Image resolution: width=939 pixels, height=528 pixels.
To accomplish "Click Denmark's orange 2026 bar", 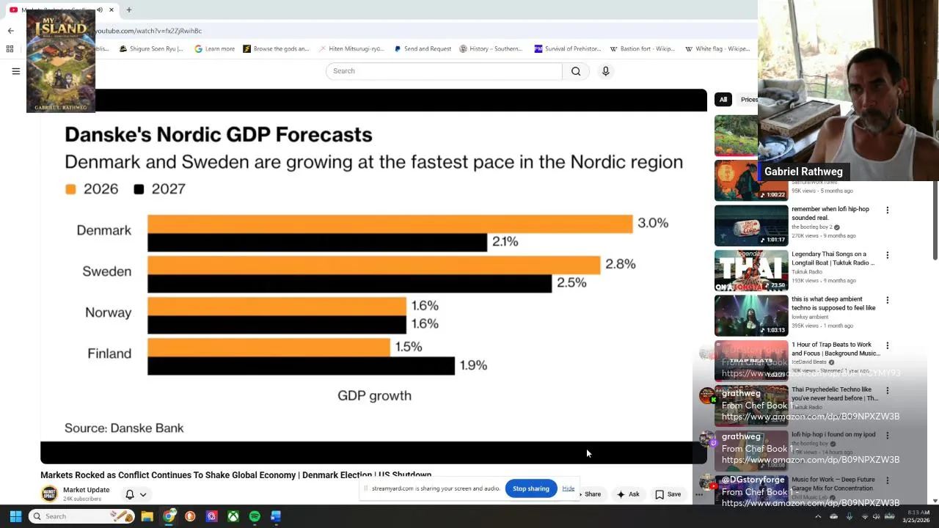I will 390,224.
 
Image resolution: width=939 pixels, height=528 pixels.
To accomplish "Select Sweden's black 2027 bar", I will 349,283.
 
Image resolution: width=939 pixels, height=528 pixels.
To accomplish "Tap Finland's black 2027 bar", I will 301,365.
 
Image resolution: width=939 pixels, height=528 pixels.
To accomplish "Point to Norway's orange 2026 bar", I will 277,306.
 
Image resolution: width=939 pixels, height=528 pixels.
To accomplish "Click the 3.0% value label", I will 653,223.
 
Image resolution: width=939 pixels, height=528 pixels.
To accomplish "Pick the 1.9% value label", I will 473,365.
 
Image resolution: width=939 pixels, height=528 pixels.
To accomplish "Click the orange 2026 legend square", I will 70,189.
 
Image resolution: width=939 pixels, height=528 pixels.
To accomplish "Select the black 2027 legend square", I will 139,189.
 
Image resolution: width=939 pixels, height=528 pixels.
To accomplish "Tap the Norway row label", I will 108,312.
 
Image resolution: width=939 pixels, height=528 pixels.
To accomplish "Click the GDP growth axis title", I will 374,396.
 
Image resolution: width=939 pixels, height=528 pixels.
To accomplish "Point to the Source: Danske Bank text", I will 124,428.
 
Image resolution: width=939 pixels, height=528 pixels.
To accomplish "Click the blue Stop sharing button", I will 530,488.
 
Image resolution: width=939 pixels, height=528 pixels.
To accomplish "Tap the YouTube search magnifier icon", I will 576,71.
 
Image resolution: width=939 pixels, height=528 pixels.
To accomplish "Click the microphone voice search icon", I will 605,71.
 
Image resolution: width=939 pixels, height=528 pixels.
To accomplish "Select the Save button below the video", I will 668,494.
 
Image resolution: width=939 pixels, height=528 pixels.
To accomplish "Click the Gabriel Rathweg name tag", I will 803,172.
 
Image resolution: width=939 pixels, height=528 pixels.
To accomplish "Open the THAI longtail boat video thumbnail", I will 751,271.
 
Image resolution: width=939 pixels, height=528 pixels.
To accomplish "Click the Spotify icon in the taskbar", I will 255,516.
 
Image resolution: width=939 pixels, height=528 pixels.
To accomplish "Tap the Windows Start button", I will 15,516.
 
